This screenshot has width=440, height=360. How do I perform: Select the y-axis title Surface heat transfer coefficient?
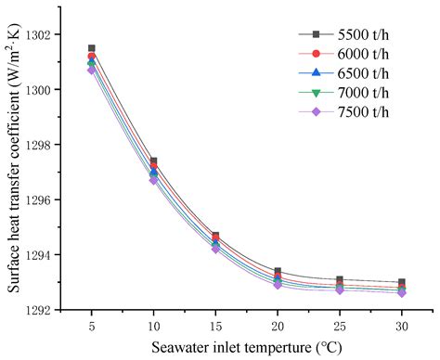coord(15,167)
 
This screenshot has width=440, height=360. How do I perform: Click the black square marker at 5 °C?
coord(91,48)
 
